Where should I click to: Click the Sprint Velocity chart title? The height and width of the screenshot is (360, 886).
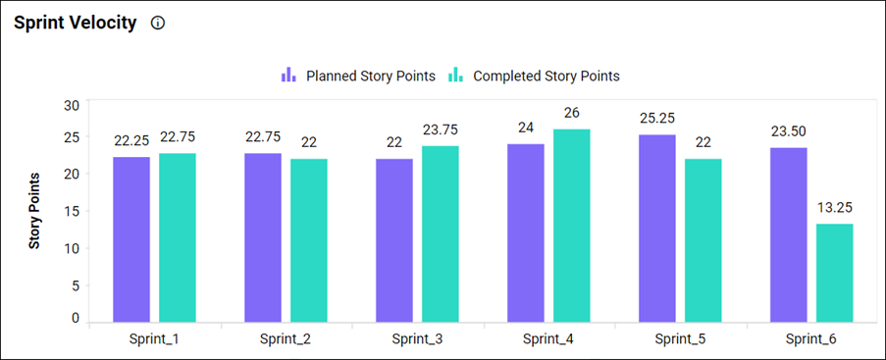click(75, 24)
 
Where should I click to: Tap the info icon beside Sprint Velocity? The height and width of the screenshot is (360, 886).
click(158, 24)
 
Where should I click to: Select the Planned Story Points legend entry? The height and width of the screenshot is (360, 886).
click(358, 76)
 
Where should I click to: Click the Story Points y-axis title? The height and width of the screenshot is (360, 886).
click(33, 211)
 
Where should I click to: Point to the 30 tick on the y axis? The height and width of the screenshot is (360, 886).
click(70, 106)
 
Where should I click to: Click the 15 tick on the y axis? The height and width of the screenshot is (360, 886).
click(71, 212)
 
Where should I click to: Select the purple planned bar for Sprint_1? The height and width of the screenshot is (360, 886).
click(131, 238)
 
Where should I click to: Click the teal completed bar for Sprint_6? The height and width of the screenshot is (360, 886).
click(834, 272)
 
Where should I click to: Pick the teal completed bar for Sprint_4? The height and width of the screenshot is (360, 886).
click(572, 225)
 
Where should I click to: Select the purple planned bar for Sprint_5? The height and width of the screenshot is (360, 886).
click(657, 228)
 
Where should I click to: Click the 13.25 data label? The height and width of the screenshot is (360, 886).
click(834, 207)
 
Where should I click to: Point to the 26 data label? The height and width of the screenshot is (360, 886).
click(572, 113)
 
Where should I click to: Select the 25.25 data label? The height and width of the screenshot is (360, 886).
click(657, 118)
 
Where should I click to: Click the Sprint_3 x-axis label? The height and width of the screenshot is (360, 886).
click(417, 338)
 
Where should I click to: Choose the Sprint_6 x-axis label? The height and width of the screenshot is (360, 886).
click(811, 338)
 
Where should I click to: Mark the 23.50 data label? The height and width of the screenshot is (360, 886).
click(789, 130)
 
